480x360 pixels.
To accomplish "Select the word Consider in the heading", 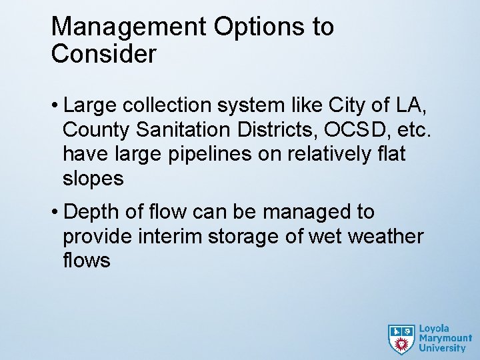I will click(103, 55).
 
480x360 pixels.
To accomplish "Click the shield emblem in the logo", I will click(401, 339).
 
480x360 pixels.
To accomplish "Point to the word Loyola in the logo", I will click(434, 329).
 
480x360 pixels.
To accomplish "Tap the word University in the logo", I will click(442, 348).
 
